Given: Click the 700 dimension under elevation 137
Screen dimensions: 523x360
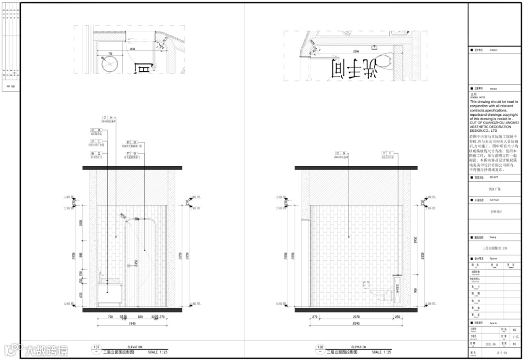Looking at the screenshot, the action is coord(109,317).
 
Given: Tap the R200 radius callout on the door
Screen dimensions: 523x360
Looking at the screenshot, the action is coord(123,216).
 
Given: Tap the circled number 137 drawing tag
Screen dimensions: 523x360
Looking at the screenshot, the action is coord(96,347).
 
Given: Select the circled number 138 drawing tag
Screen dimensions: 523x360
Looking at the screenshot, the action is coord(320,347).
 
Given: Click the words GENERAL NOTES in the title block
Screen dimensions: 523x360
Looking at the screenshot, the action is coord(477,97).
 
